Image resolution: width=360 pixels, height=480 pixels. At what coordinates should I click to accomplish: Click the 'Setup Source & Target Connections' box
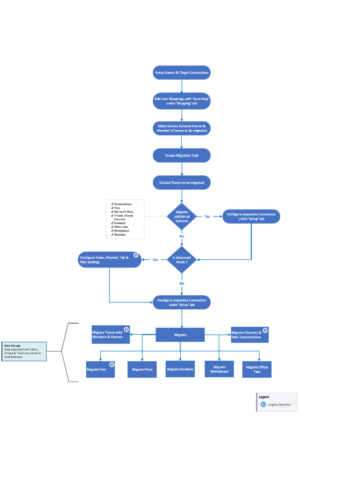pos(181,73)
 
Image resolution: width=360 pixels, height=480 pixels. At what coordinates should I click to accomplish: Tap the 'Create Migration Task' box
pos(181,155)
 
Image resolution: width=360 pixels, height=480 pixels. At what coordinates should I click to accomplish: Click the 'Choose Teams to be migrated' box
pos(181,182)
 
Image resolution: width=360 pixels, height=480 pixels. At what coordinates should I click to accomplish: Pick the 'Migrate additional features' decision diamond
pos(181,217)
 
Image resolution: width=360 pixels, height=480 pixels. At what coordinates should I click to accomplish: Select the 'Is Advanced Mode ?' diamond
pos(181,260)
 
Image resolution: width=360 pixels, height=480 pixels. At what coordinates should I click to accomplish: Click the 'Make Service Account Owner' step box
pos(181,128)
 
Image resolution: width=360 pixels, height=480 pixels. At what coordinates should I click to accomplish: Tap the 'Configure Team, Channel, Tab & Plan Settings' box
pos(109,260)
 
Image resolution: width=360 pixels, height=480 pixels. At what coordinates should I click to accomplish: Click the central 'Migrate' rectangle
pos(180,335)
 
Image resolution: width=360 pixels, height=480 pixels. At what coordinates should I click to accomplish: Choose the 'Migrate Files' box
pos(100,369)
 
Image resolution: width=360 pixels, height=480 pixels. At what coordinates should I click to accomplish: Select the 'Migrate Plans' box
pos(142,369)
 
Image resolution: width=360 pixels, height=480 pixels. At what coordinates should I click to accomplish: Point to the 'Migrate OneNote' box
pos(180,369)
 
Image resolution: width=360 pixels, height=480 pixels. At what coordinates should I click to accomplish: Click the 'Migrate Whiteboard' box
pos(219,369)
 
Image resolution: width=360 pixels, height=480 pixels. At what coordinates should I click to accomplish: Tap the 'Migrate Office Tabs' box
pos(257,369)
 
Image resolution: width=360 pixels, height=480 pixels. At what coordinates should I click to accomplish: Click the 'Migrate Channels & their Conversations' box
pos(249,335)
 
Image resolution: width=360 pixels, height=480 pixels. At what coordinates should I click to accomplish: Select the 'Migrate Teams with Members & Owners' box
pos(111,335)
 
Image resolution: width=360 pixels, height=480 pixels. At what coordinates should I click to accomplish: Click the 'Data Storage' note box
pos(24,351)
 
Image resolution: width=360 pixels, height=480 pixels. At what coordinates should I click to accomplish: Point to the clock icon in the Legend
pos(263,404)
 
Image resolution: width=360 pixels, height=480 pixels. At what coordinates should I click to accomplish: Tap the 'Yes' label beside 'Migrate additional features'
pos(207,217)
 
